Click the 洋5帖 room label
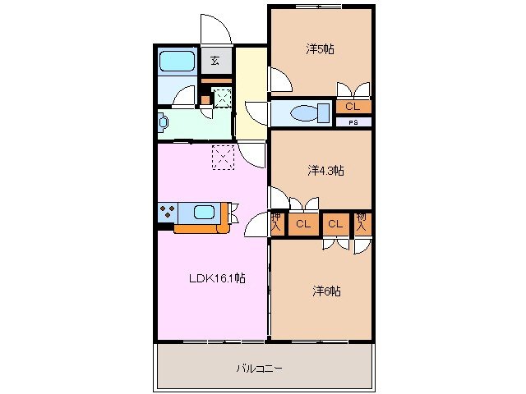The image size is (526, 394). click(x=320, y=49)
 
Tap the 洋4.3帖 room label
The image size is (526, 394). click(x=325, y=171)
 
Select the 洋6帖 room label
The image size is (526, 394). click(x=325, y=291)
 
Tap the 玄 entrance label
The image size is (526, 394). click(x=215, y=60)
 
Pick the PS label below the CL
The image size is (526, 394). click(x=353, y=123)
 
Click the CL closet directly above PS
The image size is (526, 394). click(x=352, y=107)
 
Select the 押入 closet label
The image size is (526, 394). click(x=277, y=223)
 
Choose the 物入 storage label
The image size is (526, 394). click(x=362, y=223)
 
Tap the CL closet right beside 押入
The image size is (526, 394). click(x=302, y=224)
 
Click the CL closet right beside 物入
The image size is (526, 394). click(x=335, y=224)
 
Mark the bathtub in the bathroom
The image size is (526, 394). click(x=175, y=62)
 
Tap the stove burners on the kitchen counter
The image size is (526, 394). click(x=167, y=213)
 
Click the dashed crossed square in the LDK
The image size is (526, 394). click(x=224, y=157)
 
